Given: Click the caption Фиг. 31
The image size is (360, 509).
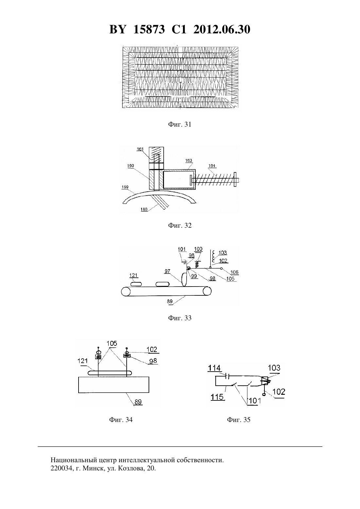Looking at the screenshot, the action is click(180, 124).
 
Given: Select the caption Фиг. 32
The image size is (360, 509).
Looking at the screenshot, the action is click(180, 225).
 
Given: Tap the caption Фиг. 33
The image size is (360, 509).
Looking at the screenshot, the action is click(180, 318).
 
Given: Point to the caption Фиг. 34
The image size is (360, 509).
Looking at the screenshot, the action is click(121, 419).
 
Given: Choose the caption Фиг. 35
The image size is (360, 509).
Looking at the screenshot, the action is click(238, 419).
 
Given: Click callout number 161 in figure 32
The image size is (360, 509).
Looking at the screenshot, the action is click(140, 149).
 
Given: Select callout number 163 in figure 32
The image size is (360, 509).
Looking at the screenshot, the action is click(189, 160).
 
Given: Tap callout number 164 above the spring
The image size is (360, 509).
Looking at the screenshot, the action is click(212, 166).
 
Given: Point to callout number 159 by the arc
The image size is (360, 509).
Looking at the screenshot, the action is click(125, 187).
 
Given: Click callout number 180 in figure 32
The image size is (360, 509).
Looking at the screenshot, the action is click(144, 209).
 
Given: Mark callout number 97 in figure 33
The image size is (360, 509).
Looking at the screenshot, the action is click(168, 271).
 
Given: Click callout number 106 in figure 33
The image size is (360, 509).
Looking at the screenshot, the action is click(234, 272).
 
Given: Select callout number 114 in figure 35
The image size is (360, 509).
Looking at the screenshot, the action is click(214, 368).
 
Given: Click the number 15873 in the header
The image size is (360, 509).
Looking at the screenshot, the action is click(149, 29).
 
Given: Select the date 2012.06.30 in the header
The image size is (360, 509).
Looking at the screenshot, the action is click(222, 29).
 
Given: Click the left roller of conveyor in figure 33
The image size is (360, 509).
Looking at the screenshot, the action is click(126, 291).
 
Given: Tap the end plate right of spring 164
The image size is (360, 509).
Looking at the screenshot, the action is click(235, 180).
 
